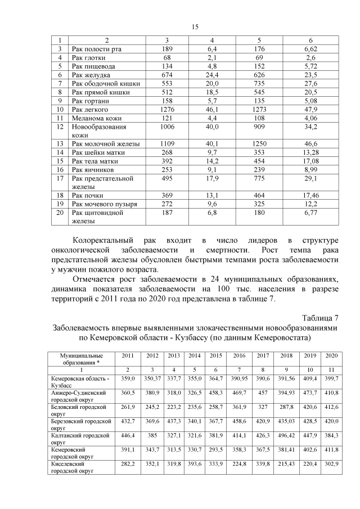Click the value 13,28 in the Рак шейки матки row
[x=311, y=152]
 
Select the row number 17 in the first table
[x=60, y=178]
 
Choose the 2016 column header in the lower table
[x=239, y=356]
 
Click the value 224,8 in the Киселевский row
[x=239, y=467]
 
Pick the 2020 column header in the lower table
[x=331, y=356]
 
